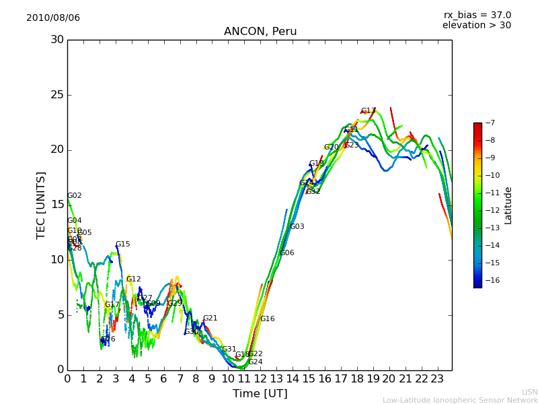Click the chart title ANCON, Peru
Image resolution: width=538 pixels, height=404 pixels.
point(260,32)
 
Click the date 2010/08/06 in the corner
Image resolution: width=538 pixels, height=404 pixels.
point(53,18)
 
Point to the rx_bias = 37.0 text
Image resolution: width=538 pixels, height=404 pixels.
point(477,15)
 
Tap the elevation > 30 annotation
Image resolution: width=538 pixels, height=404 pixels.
point(476,26)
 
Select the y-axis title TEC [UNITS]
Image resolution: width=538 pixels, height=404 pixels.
point(41,205)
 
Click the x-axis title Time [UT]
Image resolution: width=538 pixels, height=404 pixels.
point(260,394)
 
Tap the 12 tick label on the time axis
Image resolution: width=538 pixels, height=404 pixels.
point(260,378)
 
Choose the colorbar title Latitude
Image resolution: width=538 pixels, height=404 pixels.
point(508,205)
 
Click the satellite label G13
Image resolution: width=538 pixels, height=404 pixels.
point(369,111)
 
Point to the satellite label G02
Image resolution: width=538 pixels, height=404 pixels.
point(75,196)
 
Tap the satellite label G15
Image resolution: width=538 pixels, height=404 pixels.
point(123,244)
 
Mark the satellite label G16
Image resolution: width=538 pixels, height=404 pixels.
point(268,319)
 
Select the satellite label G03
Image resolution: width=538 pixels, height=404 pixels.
point(297,227)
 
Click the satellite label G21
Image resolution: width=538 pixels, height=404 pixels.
point(210,318)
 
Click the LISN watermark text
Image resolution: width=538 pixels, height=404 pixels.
point(529,392)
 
